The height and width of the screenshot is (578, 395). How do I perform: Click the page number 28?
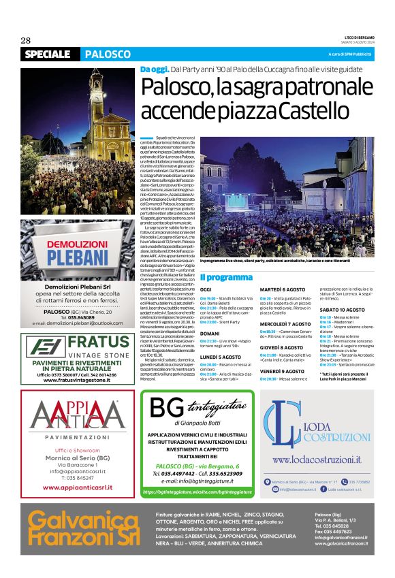(x=27, y=41)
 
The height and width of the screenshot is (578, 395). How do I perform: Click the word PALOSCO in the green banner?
(x=108, y=54)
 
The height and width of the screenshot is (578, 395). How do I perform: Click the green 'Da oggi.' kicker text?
(x=153, y=70)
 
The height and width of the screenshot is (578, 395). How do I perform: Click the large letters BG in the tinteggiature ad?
(x=166, y=408)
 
